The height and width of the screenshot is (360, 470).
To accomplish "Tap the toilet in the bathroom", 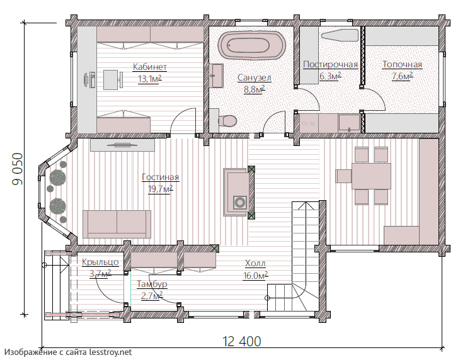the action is [227, 121].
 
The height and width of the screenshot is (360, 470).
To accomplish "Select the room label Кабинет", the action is [149, 67].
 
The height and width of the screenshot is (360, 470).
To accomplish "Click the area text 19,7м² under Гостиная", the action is [161, 189].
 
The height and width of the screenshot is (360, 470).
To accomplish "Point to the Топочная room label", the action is [402, 64].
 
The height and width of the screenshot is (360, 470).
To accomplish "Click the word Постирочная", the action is [330, 64].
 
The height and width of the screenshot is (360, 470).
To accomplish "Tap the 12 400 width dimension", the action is [241, 341].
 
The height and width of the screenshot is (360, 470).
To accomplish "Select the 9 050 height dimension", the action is [18, 169].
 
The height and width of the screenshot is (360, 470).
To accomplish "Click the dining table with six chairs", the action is [371, 176].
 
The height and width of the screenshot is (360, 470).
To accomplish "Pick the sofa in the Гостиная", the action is [117, 224].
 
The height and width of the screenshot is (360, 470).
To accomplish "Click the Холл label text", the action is [255, 264].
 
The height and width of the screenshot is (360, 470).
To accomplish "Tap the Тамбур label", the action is [152, 284].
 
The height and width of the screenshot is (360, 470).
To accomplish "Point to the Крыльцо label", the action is [100, 262].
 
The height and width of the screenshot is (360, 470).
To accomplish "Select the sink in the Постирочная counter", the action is [349, 123].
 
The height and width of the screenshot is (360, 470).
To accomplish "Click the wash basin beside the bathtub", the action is [217, 76].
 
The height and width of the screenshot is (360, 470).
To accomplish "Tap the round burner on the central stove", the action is [239, 203].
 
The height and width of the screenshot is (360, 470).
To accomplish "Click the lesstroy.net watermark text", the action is [68, 352].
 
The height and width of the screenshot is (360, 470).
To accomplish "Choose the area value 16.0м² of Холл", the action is [255, 275].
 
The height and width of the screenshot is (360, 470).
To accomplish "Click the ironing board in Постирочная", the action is [340, 35].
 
